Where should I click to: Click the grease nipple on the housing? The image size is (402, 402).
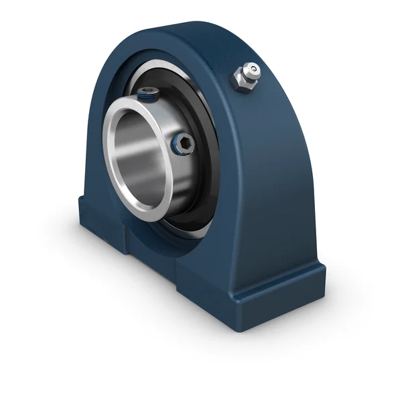coord(246,75)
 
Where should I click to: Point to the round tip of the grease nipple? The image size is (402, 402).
coord(252,68)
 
